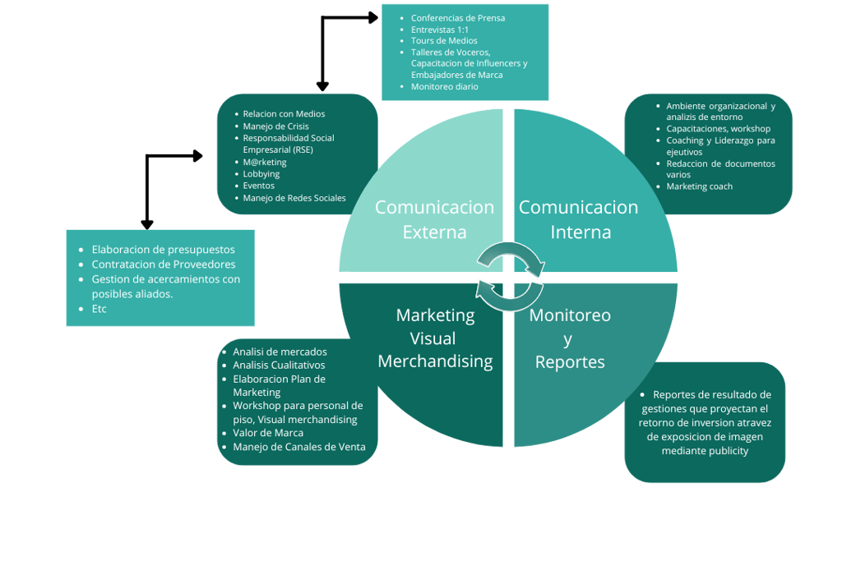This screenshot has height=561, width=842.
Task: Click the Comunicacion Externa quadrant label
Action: [x=434, y=219]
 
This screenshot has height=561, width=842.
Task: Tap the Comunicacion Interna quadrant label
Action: [x=578, y=219]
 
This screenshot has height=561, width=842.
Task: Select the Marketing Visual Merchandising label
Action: [x=435, y=338]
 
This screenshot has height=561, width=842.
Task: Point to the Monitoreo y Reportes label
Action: [x=570, y=338]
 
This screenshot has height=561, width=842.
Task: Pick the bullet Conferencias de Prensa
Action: [x=458, y=18]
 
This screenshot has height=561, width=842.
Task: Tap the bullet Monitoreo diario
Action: [x=444, y=86]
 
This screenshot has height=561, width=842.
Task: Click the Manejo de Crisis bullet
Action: [x=275, y=126]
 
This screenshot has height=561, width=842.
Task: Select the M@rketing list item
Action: [x=265, y=162]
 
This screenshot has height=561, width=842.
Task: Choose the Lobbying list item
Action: [x=261, y=174]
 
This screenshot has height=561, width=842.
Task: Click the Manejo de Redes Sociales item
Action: [x=294, y=198]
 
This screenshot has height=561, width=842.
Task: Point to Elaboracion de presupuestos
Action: [x=163, y=250]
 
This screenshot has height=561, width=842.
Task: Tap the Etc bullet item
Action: [x=99, y=309]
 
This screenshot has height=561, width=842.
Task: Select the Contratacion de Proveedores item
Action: [x=164, y=264]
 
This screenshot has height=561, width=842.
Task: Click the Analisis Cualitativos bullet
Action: [x=279, y=365]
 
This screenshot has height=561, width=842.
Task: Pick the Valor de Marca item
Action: [x=268, y=433]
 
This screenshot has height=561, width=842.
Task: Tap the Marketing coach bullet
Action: [x=699, y=186]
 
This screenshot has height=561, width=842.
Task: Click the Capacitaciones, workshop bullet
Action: [x=718, y=129]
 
